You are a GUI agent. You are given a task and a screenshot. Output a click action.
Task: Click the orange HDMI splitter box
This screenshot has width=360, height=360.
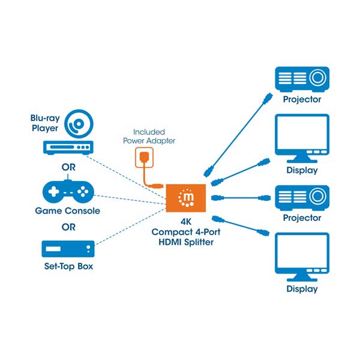click(186, 198)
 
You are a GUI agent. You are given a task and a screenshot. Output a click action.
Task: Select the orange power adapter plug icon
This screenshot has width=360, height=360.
click(144, 157)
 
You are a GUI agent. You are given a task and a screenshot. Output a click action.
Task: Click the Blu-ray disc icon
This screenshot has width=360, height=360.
click(79, 124)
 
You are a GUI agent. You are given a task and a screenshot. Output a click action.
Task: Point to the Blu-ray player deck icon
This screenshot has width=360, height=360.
click(68, 147)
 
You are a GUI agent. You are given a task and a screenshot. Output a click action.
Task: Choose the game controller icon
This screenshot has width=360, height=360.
click(68, 191)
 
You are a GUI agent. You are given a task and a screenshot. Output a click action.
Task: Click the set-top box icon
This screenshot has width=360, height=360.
click(68, 249)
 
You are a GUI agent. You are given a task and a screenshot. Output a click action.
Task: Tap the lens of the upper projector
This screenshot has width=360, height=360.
click(317, 77)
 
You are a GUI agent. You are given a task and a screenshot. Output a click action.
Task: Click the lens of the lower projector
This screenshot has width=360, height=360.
click(317, 196)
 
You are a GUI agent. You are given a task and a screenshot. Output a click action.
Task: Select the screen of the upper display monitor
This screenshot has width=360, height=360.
click(302, 133)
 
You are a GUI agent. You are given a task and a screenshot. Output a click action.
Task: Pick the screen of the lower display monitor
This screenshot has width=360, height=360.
click(302, 251)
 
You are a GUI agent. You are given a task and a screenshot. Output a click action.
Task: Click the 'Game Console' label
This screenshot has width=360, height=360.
click(67, 211)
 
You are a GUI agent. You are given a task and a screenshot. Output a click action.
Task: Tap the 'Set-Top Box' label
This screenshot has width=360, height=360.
click(68, 266)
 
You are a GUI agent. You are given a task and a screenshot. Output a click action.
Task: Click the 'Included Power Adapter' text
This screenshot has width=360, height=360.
click(149, 136)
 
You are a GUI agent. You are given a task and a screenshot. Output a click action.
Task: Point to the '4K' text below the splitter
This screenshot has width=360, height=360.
click(186, 221)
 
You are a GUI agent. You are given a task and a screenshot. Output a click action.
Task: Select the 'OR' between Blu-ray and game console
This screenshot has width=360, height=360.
click(68, 167)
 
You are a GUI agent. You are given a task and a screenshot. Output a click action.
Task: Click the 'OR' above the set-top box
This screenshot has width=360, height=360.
click(68, 227)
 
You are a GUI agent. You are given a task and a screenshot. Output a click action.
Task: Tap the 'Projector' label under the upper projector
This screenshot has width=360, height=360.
click(302, 100)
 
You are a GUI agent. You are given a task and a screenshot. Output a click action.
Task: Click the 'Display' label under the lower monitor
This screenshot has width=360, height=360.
click(302, 289)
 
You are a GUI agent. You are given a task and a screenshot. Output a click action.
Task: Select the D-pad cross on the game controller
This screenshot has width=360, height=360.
click(53, 191)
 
